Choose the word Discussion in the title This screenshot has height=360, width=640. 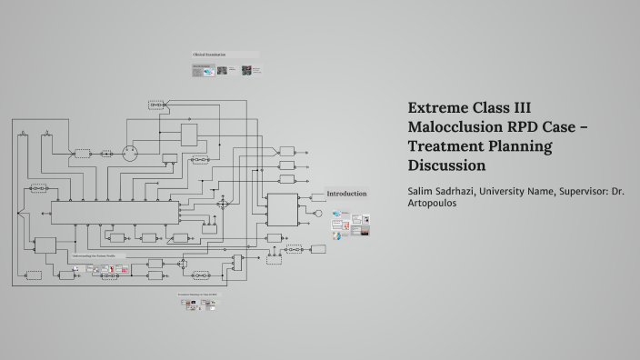tap(447, 165)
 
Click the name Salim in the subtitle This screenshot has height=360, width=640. tap(425, 191)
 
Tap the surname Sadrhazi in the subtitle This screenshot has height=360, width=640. tap(472, 191)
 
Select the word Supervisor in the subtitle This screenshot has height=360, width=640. tap(592, 191)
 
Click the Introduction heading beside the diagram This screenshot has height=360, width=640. tap(346, 194)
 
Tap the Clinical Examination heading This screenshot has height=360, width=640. tap(208, 55)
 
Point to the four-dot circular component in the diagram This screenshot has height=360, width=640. tap(128, 153)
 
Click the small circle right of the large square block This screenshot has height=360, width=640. tap(318, 214)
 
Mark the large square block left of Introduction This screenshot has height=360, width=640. tap(282, 210)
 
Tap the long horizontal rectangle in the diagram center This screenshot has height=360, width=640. tap(115, 212)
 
